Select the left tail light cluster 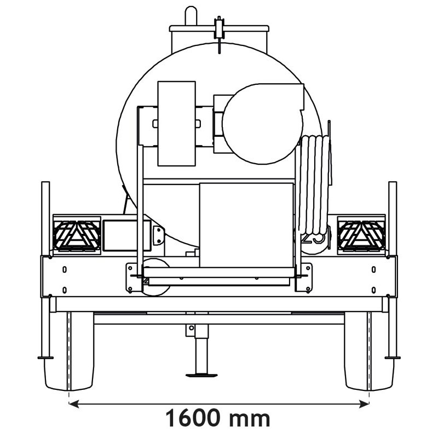[x=77, y=236]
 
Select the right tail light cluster [x=361, y=236]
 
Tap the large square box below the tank [x=246, y=224]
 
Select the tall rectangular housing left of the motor [x=176, y=123]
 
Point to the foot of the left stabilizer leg [x=45, y=358]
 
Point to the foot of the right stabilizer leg [x=393, y=358]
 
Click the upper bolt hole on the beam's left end [x=65, y=269]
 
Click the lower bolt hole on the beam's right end [x=373, y=289]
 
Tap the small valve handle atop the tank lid [x=220, y=27]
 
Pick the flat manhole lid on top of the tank [x=219, y=28]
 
